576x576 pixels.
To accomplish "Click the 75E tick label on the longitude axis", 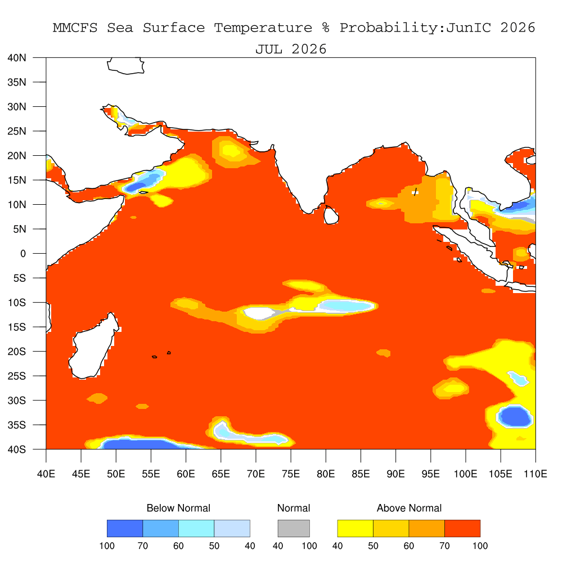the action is pyautogui.click(x=291, y=474).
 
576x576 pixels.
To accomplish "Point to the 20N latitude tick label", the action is pyautogui.click(x=17, y=156).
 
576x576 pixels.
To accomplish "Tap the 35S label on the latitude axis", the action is pyautogui.click(x=17, y=425).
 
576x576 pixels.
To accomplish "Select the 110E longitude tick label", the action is pyautogui.click(x=535, y=474).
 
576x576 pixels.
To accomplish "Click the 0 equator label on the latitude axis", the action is pyautogui.click(x=23, y=254).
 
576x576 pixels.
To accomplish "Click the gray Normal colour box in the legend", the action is pyautogui.click(x=294, y=528).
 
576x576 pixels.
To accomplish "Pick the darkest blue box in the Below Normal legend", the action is pyautogui.click(x=125, y=528).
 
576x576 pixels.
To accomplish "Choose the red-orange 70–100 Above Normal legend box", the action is pyautogui.click(x=462, y=528).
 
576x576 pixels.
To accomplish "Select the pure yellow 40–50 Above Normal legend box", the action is pyautogui.click(x=355, y=528).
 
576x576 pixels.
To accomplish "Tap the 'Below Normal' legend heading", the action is pyautogui.click(x=178, y=508).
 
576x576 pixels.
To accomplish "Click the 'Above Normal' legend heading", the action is pyautogui.click(x=409, y=508).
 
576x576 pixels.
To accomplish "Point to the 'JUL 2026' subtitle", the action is pyautogui.click(x=291, y=49).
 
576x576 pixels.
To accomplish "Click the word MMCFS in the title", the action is pyautogui.click(x=75, y=28).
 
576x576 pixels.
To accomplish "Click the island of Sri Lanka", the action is pyautogui.click(x=331, y=215).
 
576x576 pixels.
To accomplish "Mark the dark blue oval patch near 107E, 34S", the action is pyautogui.click(x=515, y=417).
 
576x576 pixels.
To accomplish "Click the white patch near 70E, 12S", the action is pyautogui.click(x=259, y=313).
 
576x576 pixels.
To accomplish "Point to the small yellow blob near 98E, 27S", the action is pyautogui.click(x=453, y=388).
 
